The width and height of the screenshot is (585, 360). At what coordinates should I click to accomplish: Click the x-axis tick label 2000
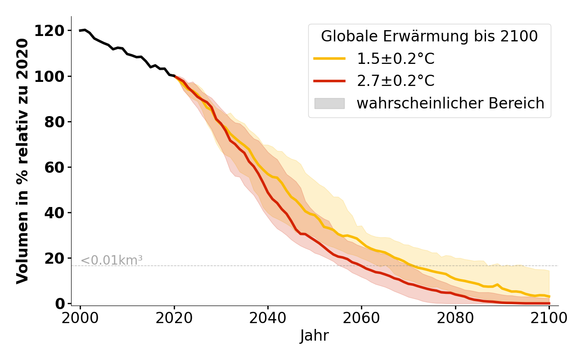(81, 318)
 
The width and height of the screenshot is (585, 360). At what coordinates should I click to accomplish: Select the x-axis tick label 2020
(174, 318)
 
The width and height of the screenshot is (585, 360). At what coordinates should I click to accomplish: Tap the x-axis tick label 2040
(268, 318)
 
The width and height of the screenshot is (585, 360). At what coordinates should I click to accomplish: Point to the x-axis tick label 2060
(361, 318)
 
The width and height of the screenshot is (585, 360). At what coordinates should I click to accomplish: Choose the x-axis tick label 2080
(455, 318)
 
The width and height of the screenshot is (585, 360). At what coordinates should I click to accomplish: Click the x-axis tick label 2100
(549, 318)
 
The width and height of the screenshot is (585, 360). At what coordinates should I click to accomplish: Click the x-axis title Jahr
(315, 336)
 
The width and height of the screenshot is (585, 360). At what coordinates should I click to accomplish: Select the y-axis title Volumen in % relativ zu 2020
(22, 161)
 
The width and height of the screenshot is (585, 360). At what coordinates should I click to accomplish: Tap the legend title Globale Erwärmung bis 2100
(429, 36)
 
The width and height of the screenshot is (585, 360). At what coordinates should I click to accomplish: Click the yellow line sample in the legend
(329, 58)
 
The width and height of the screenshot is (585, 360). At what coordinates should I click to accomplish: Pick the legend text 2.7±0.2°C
(396, 81)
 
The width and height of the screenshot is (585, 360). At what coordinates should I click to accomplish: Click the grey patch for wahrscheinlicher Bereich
(329, 103)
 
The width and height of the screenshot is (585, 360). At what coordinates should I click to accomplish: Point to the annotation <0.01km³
(111, 260)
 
